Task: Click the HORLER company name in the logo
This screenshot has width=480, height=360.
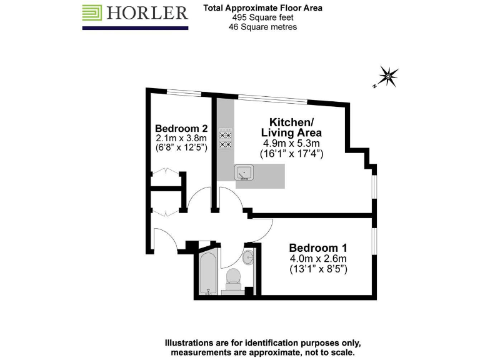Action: pos(147,12)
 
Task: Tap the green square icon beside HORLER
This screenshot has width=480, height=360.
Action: pos(92,12)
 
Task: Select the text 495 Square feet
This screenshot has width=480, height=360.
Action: pos(262,18)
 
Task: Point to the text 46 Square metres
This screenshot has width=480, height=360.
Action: pos(262,27)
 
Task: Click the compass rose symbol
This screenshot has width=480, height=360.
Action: pos(388,77)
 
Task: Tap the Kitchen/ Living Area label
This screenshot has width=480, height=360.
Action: pos(291,127)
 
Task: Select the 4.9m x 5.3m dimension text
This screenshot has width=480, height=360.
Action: pos(291,142)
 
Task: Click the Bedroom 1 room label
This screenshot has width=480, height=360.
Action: pos(317,247)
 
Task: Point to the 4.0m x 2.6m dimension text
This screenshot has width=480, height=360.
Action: pos(317,259)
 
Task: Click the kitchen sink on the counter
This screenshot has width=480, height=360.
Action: pos(244,172)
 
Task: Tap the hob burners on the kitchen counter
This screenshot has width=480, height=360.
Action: pos(226,139)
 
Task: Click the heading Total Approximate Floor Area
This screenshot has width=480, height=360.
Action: pos(262,9)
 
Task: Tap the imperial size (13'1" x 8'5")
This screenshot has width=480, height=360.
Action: pos(317,269)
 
